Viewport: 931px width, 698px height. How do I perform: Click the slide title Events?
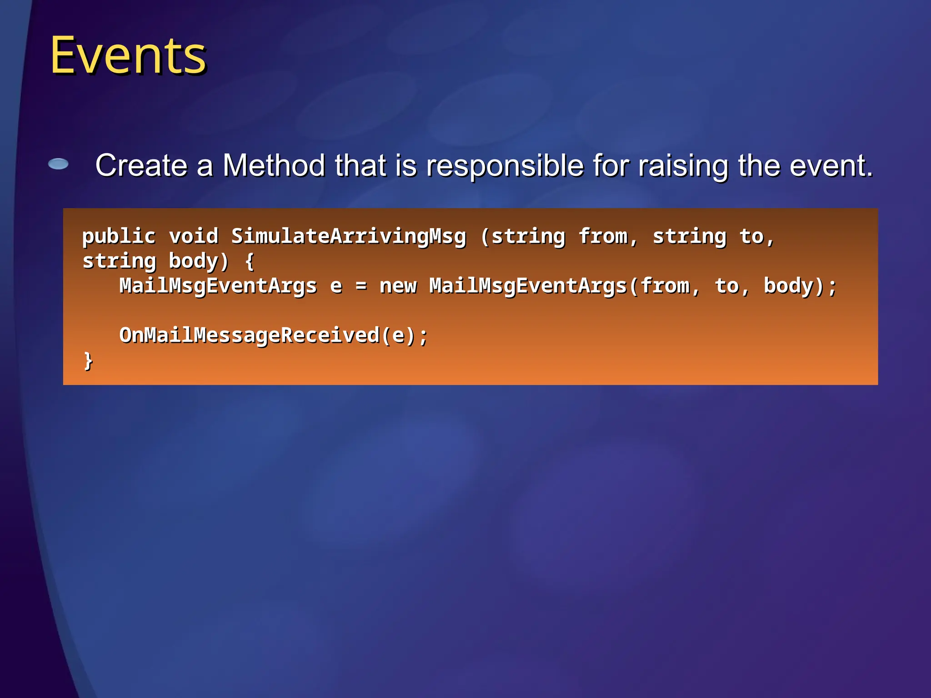[128, 55]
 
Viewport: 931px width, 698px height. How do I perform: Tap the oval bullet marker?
[59, 164]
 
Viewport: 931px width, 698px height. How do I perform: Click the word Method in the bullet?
[274, 165]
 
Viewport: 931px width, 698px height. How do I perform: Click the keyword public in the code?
[119, 237]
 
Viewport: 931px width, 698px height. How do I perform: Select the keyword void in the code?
[194, 236]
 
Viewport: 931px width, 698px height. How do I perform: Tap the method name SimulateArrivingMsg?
[349, 237]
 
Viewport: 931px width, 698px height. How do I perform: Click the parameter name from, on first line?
[608, 237]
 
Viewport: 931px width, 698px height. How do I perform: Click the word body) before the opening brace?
[199, 261]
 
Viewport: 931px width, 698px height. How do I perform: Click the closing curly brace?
[88, 360]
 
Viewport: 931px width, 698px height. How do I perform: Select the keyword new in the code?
[398, 286]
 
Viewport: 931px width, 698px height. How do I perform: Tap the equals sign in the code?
[361, 286]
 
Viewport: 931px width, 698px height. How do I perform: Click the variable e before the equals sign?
[336, 286]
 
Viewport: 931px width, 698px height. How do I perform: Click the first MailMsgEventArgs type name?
[218, 286]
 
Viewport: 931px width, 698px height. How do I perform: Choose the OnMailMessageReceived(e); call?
[273, 336]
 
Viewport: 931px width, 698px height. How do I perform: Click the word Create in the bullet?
[141, 165]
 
